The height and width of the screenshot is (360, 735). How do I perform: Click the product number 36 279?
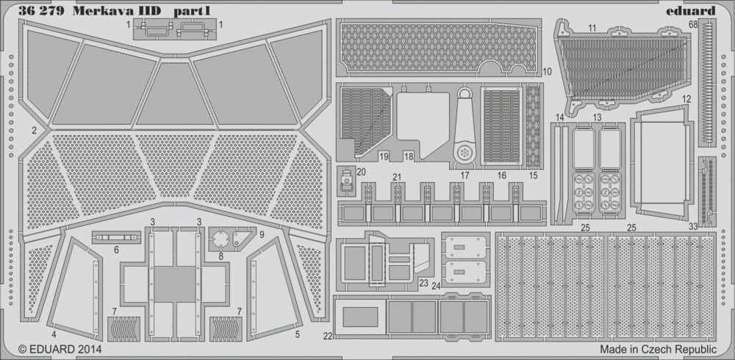(41, 11)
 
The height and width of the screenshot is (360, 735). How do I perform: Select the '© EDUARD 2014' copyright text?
(60, 349)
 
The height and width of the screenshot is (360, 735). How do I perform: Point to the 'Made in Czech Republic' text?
(658, 349)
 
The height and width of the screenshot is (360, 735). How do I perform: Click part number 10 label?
(548, 72)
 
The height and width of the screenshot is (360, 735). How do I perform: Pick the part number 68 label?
(693, 24)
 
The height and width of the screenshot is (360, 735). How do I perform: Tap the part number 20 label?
(361, 172)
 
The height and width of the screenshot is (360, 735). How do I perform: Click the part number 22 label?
(328, 336)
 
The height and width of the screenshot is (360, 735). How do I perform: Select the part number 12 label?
(686, 99)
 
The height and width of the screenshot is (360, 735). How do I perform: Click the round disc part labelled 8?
(219, 239)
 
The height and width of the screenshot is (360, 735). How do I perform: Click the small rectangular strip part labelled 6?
(117, 237)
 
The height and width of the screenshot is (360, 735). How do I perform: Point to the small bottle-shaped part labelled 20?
(346, 181)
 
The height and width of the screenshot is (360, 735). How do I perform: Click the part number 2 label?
(35, 131)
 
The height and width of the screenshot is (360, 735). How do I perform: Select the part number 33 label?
(693, 227)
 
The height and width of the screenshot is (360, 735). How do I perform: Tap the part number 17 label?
(465, 176)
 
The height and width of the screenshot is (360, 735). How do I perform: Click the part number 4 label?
(54, 335)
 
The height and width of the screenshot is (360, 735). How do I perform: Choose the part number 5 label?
(298, 335)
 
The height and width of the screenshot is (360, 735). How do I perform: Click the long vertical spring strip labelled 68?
(707, 84)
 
